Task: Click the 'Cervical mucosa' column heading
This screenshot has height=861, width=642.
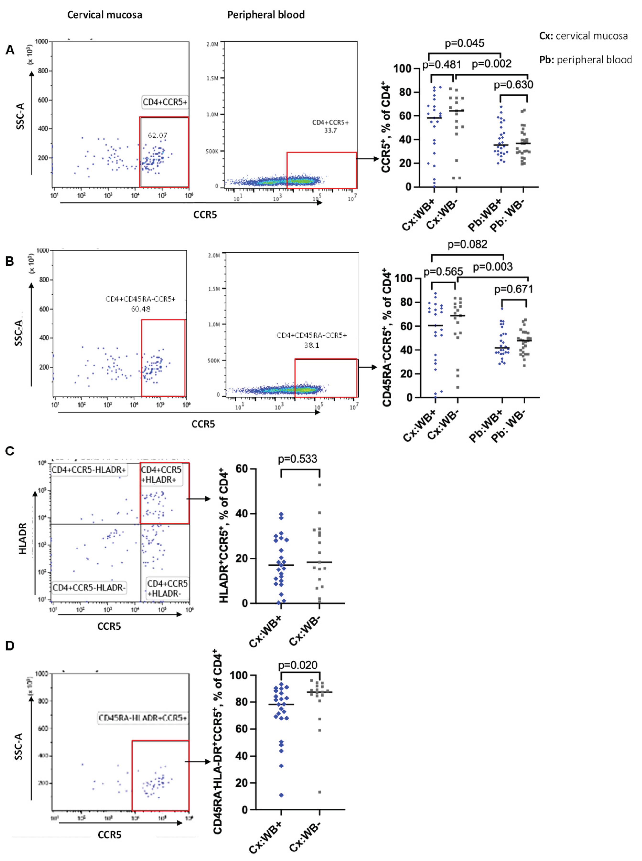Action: click(x=105, y=15)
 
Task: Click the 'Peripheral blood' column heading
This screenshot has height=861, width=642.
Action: click(x=266, y=15)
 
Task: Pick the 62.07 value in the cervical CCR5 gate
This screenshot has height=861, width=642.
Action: click(x=157, y=136)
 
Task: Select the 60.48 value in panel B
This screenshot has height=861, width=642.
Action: click(x=141, y=309)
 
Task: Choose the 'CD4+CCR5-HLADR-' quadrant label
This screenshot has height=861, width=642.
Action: click(x=89, y=588)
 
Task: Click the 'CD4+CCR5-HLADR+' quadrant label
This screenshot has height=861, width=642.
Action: click(x=89, y=470)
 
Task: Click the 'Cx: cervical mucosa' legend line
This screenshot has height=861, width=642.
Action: click(x=583, y=36)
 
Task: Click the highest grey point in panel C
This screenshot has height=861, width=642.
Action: click(x=319, y=485)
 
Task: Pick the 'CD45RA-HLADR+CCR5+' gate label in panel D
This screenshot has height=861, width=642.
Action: click(x=143, y=718)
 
